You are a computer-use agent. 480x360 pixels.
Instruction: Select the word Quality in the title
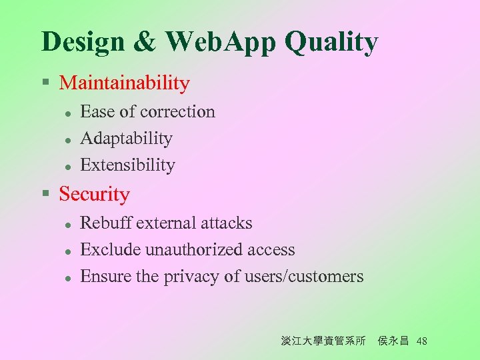click(331, 42)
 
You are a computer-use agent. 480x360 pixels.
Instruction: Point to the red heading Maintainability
click(125, 83)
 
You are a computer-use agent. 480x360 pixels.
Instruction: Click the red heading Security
click(95, 194)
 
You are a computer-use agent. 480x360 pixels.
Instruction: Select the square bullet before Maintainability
click(45, 83)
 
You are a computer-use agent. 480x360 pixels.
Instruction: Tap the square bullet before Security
click(45, 194)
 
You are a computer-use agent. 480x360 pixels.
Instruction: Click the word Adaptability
click(126, 139)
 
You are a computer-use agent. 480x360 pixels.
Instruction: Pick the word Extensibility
click(127, 165)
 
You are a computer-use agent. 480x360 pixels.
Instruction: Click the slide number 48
click(421, 341)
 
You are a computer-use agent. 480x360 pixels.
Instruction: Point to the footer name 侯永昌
click(393, 341)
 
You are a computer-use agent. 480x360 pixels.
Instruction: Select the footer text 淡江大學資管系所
click(323, 341)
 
